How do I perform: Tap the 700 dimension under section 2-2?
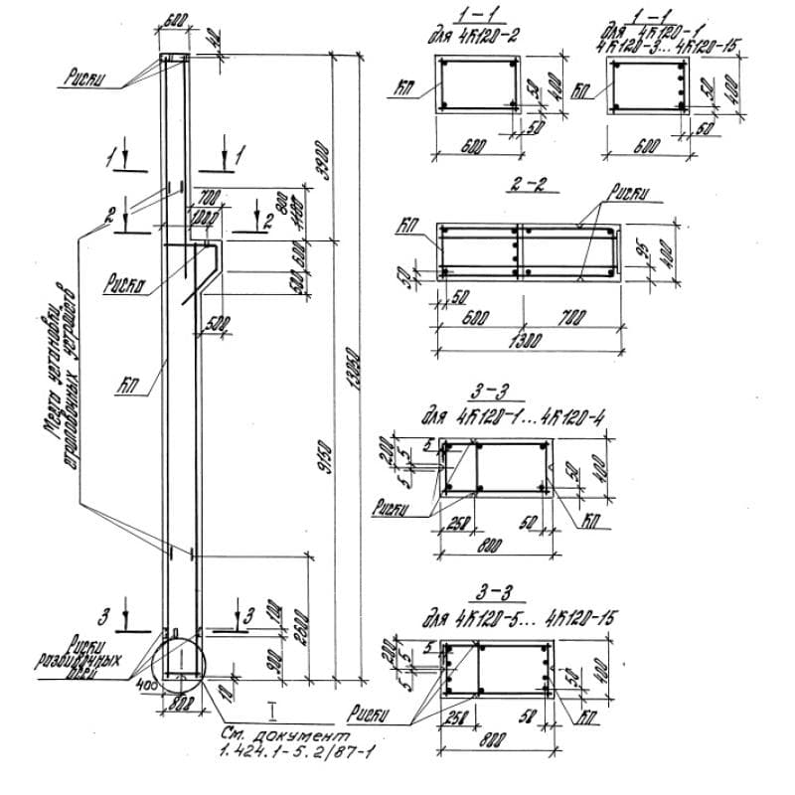tap(570, 317)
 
